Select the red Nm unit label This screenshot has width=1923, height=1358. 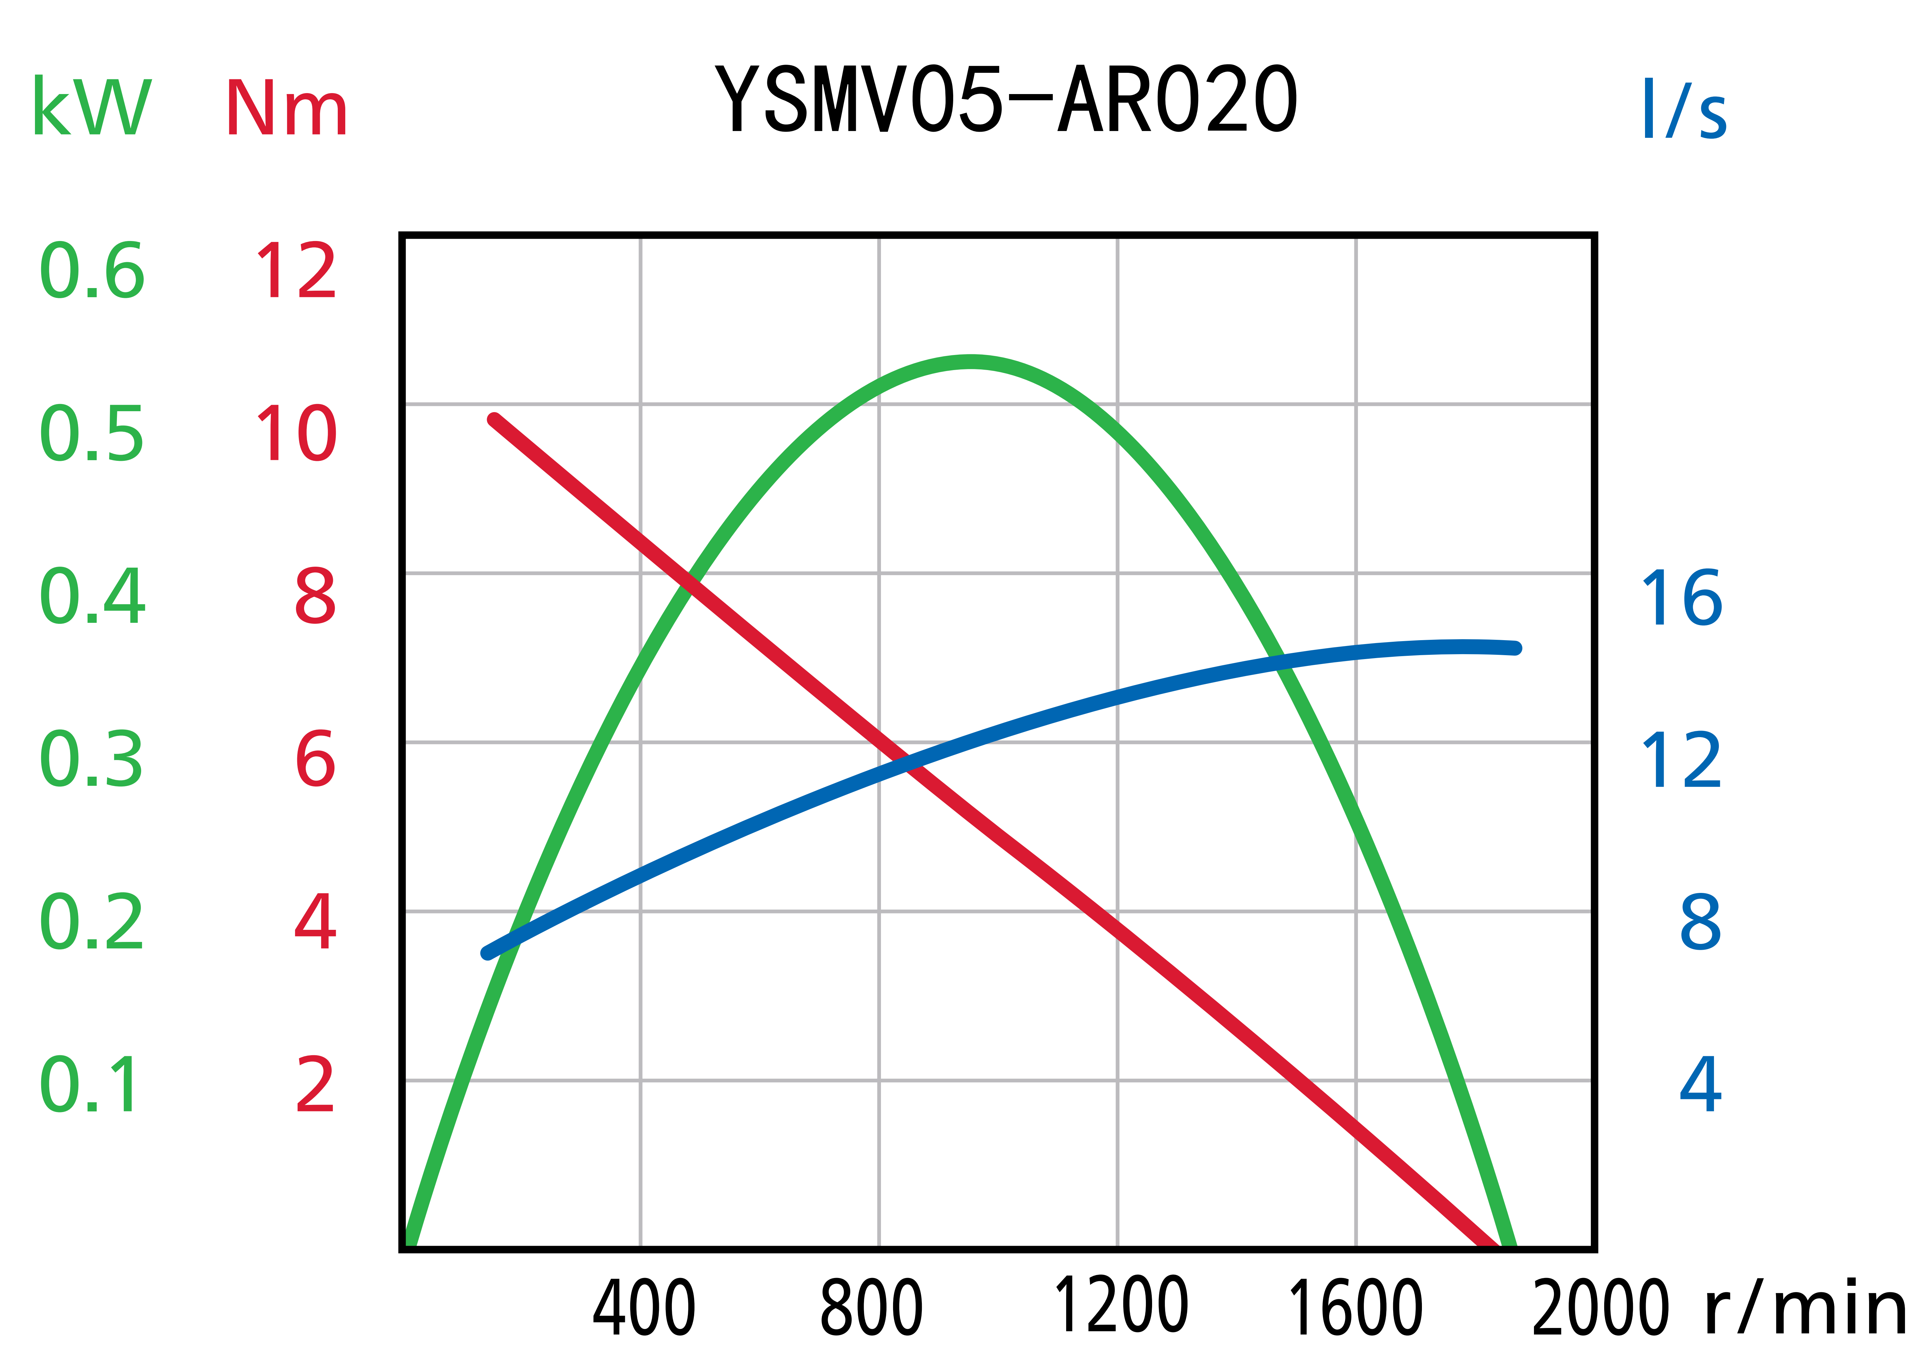pyautogui.click(x=286, y=109)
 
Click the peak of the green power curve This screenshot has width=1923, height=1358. pyautogui.click(x=970, y=362)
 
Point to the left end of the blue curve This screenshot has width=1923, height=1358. pyautogui.click(x=487, y=953)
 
